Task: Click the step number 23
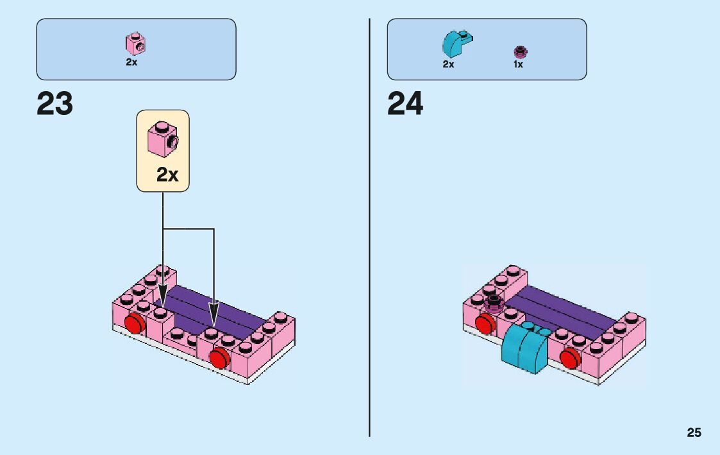pyautogui.click(x=55, y=104)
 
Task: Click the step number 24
pyautogui.click(x=405, y=104)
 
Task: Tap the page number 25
pyautogui.click(x=694, y=433)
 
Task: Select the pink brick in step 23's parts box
pyautogui.click(x=136, y=44)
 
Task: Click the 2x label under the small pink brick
pyautogui.click(x=131, y=63)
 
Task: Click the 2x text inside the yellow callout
pyautogui.click(x=167, y=175)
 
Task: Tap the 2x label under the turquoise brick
pyautogui.click(x=448, y=64)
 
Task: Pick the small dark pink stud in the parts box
pyautogui.click(x=520, y=51)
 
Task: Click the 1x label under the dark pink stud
pyautogui.click(x=518, y=64)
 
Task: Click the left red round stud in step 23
pyautogui.click(x=134, y=324)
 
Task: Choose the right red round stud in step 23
pyautogui.click(x=219, y=357)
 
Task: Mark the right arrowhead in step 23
pyautogui.click(x=213, y=314)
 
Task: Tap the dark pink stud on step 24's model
pyautogui.click(x=494, y=302)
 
